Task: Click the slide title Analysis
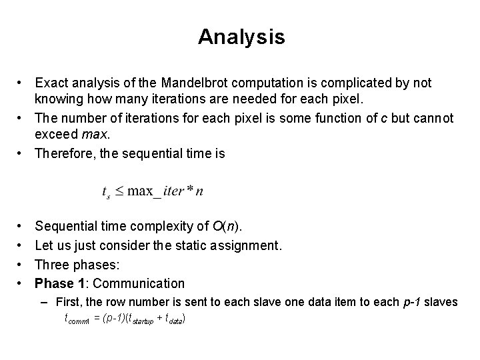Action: click(241, 37)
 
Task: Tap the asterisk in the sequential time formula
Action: click(190, 191)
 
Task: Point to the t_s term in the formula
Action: click(105, 192)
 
